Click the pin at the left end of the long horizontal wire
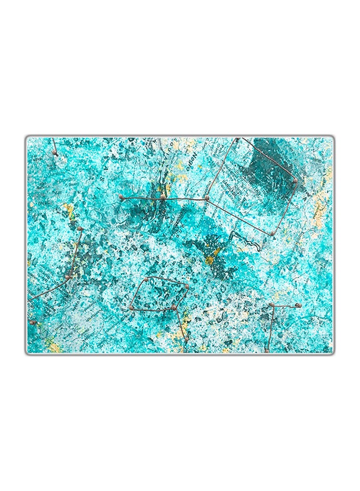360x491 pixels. tap(121, 196)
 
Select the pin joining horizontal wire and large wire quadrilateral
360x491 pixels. tap(207, 198)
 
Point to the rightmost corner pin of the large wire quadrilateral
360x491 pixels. tap(295, 180)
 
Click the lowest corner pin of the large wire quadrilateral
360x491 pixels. tap(272, 233)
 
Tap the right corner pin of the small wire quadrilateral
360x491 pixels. tap(187, 286)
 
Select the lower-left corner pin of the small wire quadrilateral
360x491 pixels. tap(131, 308)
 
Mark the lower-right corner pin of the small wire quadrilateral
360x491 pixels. tap(174, 308)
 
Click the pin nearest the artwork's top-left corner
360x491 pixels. tap(55, 153)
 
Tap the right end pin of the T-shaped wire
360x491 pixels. tap(298, 306)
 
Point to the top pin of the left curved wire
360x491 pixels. tap(80, 229)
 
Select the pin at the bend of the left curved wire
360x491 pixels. tap(68, 277)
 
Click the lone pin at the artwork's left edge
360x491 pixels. tap(32, 322)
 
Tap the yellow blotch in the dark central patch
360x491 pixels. tap(210, 260)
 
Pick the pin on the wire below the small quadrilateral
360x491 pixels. tap(185, 339)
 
